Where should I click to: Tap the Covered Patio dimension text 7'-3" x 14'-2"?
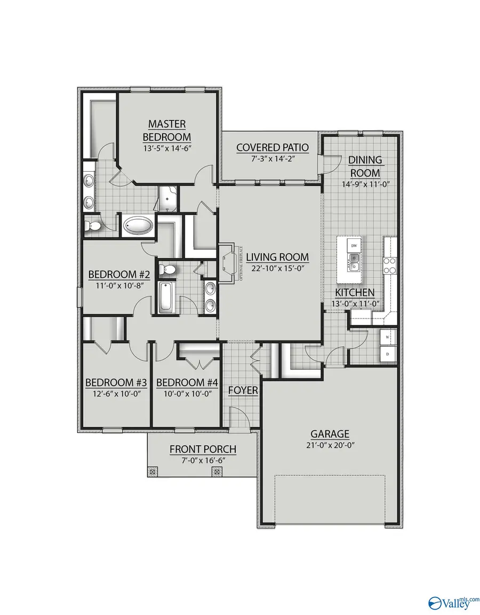265,158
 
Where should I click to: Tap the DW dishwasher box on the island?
353,245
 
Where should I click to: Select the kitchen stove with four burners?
390,265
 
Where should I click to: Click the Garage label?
331,434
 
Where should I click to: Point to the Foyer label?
243,390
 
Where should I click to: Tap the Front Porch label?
203,449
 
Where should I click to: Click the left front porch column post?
153,472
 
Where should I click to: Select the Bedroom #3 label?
116,382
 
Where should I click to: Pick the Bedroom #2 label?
118,275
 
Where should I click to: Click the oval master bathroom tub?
138,226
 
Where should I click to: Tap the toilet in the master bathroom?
93,226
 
